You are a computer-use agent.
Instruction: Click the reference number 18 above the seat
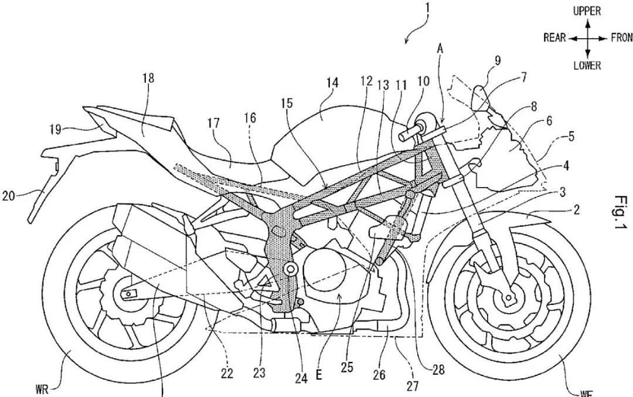click(x=147, y=79)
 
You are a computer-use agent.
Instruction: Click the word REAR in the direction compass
click(x=554, y=38)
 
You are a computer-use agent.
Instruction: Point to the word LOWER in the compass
click(x=587, y=66)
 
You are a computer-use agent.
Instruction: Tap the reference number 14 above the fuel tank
click(x=332, y=84)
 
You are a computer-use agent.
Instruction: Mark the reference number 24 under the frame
click(x=301, y=378)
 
